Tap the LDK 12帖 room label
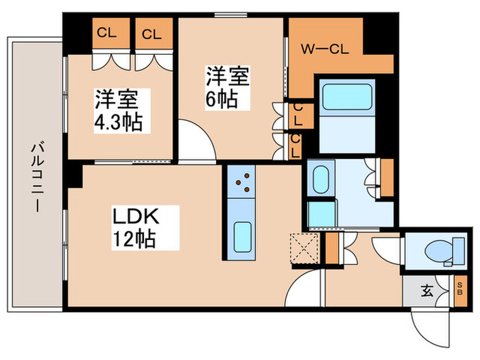pyautogui.click(x=136, y=228)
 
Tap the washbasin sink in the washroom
pyautogui.click(x=320, y=180)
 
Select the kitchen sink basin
pyautogui.click(x=241, y=237)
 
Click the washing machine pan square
pyautogui.click(x=321, y=214)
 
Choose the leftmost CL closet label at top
pyautogui.click(x=106, y=33)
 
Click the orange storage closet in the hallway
pyautogui.click(x=333, y=250)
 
